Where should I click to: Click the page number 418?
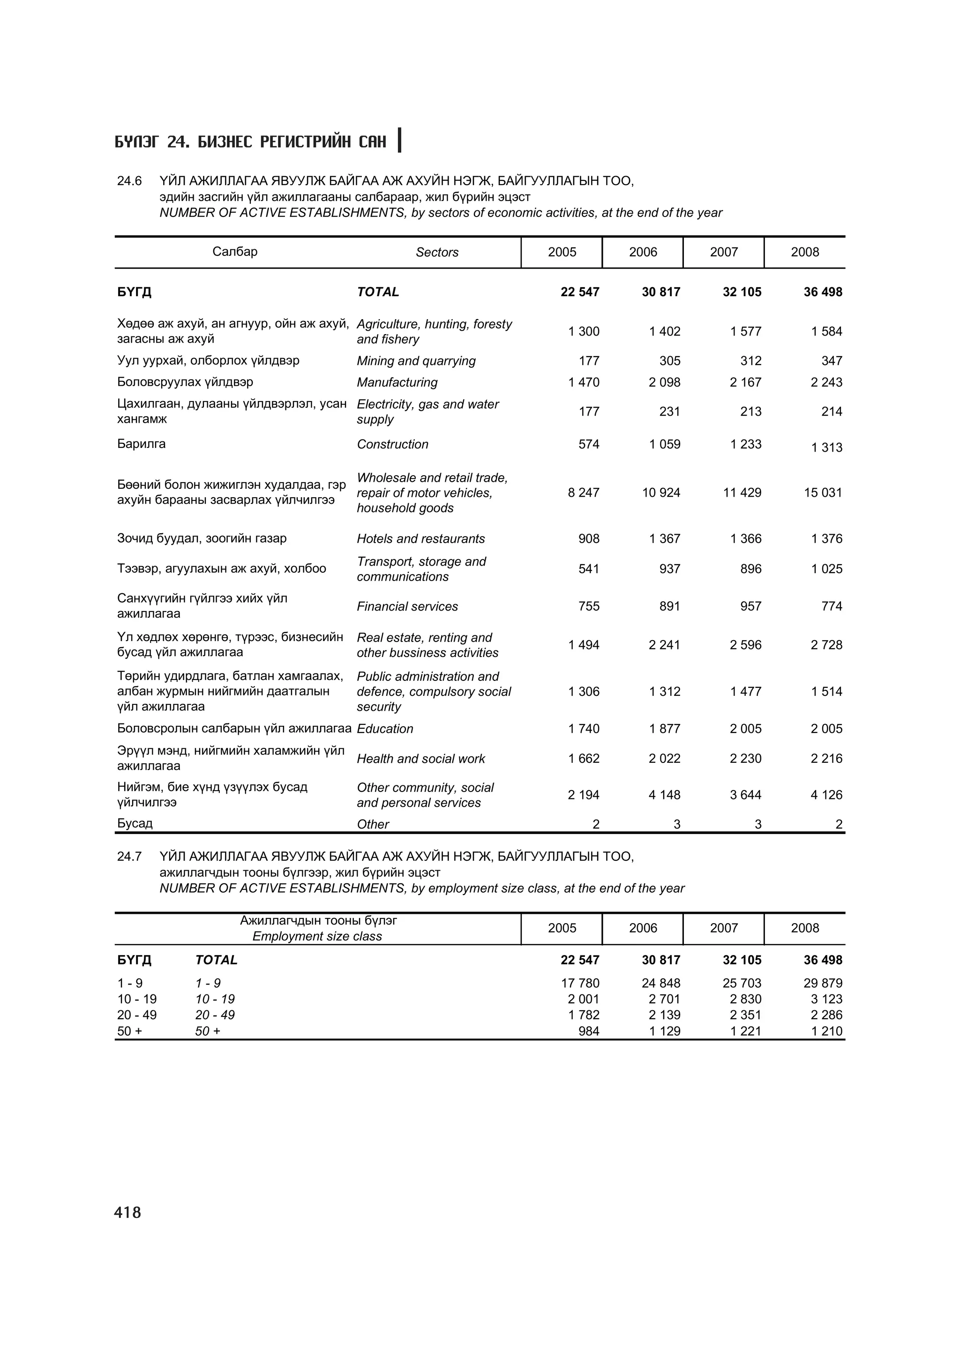[x=128, y=1213]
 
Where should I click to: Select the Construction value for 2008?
[x=826, y=447]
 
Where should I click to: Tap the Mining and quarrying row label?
[x=416, y=361]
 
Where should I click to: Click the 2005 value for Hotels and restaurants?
[x=589, y=539]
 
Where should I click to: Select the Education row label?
[x=384, y=729]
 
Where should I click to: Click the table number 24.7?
[x=129, y=857]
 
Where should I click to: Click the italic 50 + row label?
[x=208, y=1031]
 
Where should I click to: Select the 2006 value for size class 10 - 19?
[x=664, y=999]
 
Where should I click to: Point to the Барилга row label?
[x=142, y=444]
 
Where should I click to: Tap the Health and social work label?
[x=420, y=759]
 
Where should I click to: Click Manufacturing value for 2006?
[x=664, y=383]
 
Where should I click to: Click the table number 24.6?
[x=129, y=181]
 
